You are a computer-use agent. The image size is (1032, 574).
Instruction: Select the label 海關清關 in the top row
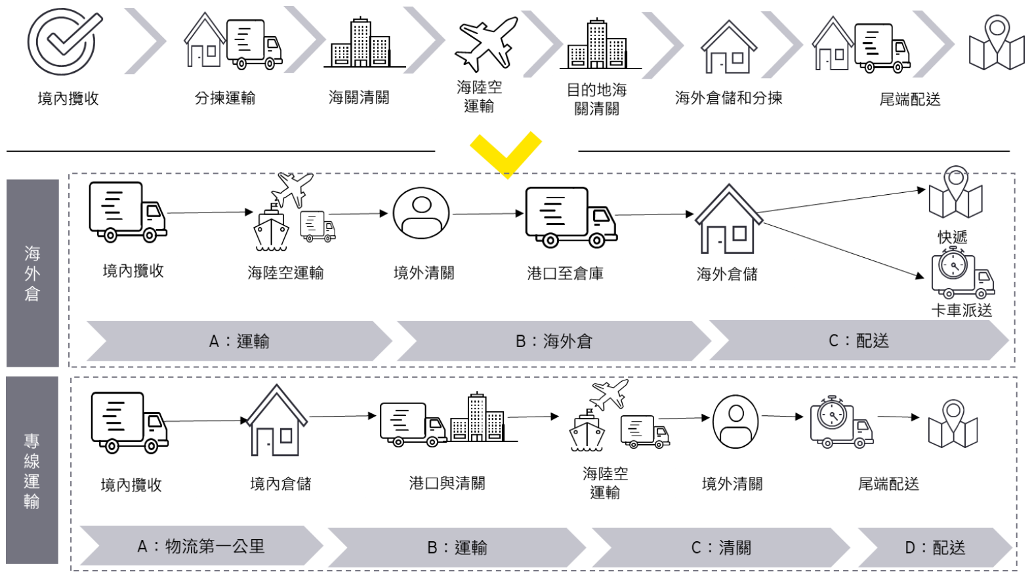359,98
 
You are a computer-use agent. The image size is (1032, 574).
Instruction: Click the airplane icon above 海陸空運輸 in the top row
485,44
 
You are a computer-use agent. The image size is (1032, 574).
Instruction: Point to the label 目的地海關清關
596,99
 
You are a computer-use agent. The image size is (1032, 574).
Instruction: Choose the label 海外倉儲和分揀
728,98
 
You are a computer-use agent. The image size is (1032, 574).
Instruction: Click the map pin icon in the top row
997,43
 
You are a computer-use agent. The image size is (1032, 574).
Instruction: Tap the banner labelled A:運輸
239,341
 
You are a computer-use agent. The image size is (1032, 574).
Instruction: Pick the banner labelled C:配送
858,340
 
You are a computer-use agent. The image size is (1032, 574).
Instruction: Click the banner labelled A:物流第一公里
201,546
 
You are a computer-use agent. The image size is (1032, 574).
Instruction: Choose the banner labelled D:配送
934,547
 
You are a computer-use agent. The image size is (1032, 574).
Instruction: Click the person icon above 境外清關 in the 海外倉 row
421,214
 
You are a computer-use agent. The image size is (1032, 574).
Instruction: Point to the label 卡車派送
961,310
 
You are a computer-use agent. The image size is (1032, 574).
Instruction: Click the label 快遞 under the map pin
952,237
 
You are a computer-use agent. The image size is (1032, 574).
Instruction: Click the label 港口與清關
447,483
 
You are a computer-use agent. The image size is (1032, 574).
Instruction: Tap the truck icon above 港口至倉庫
570,217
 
